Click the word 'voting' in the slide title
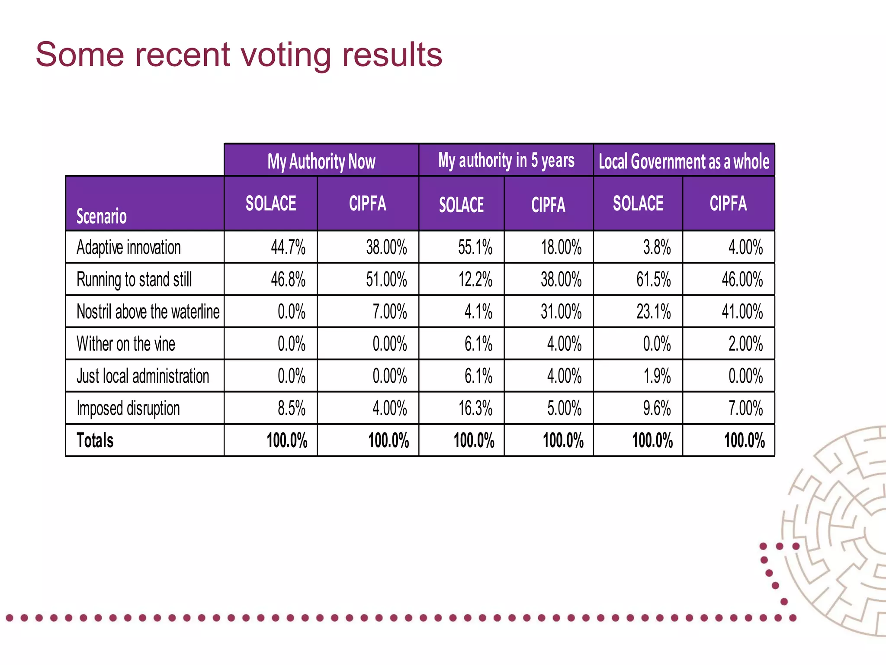tap(286, 55)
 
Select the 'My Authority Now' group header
tap(321, 161)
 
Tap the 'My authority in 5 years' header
tap(506, 161)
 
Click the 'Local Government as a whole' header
tap(684, 161)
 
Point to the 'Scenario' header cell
tap(102, 216)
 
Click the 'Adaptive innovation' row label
tap(128, 247)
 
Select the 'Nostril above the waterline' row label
tap(148, 311)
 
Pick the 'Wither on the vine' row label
tap(125, 344)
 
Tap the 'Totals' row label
tap(95, 440)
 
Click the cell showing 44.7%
tap(288, 247)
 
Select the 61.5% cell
tap(653, 279)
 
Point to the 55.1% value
tap(475, 247)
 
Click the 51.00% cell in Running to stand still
tap(386, 279)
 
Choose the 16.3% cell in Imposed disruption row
tap(475, 408)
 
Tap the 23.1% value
tap(653, 311)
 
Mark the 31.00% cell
tap(561, 311)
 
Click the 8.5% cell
tap(291, 408)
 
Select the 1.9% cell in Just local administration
tap(656, 376)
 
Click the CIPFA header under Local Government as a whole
tap(728, 203)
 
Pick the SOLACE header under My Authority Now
tap(271, 203)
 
